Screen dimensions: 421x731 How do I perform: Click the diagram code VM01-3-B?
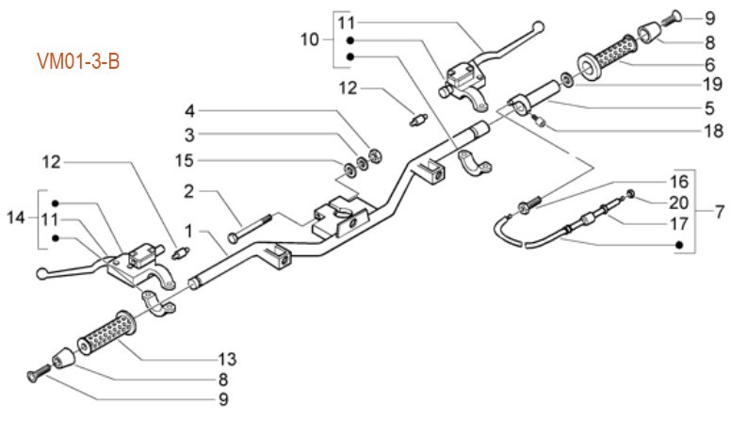(x=78, y=61)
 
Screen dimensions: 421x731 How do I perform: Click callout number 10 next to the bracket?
(x=310, y=40)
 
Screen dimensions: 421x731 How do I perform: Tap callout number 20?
(x=678, y=202)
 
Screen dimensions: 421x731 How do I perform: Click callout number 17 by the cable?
(x=680, y=224)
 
